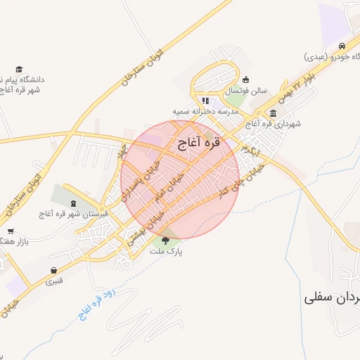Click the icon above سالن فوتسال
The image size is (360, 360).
[x=245, y=79]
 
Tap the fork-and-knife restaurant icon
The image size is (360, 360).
[x=205, y=101]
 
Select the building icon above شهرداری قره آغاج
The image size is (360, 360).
[x=273, y=113]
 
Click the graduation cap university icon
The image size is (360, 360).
[x=19, y=69]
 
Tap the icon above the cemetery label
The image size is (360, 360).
[x=75, y=203]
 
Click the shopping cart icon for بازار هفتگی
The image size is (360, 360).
[x=11, y=231]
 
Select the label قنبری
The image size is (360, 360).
[x=54, y=282]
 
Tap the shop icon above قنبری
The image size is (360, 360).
[x=54, y=271]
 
